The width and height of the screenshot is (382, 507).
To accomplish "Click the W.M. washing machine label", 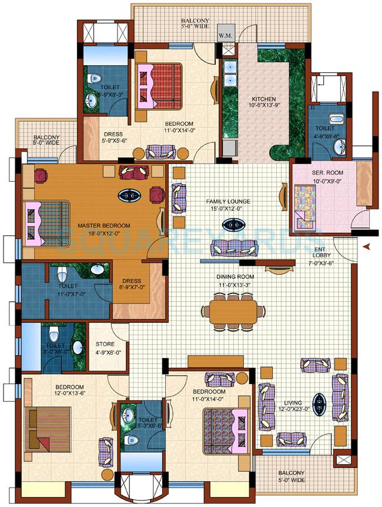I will click(224, 35).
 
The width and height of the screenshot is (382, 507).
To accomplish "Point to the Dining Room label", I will click(234, 277).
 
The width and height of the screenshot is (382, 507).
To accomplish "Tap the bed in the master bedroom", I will click(46, 222).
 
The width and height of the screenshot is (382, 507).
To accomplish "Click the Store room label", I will click(104, 345).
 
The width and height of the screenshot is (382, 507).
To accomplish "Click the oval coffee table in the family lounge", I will click(234, 224).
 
